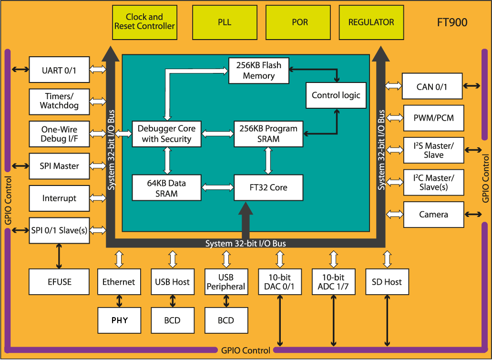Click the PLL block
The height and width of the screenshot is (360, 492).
pyautogui.click(x=225, y=22)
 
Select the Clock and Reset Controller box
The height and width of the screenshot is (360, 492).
pyautogui.click(x=144, y=22)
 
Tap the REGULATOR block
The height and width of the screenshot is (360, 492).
pyautogui.click(x=371, y=22)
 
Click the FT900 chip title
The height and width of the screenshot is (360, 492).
pyautogui.click(x=452, y=22)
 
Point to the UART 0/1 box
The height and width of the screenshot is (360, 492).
pyautogui.click(x=59, y=70)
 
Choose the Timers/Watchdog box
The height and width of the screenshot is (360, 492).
pyautogui.click(x=59, y=102)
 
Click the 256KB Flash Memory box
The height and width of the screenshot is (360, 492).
pyautogui.click(x=259, y=71)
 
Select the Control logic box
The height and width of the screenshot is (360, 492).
pyautogui.click(x=336, y=95)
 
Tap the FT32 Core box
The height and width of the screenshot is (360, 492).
pyautogui.click(x=268, y=188)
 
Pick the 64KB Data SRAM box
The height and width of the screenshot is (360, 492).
pyautogui.click(x=166, y=188)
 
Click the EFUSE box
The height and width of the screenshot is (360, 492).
pyautogui.click(x=59, y=282)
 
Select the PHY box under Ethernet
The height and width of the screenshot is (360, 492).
pyautogui.click(x=119, y=320)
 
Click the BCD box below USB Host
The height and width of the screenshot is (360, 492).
pyautogui.click(x=173, y=320)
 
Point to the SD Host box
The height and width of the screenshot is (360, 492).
pyautogui.click(x=387, y=282)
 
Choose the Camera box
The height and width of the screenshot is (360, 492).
pyautogui.click(x=434, y=215)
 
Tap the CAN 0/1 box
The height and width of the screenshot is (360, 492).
pyautogui.click(x=432, y=86)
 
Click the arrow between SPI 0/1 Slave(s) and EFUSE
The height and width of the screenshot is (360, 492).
pyautogui.click(x=59, y=256)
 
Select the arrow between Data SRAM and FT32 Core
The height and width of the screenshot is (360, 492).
pyautogui.click(x=217, y=188)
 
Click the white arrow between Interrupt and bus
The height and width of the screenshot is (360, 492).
pyautogui.click(x=98, y=198)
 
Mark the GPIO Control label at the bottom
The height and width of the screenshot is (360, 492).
pyautogui.click(x=246, y=350)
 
